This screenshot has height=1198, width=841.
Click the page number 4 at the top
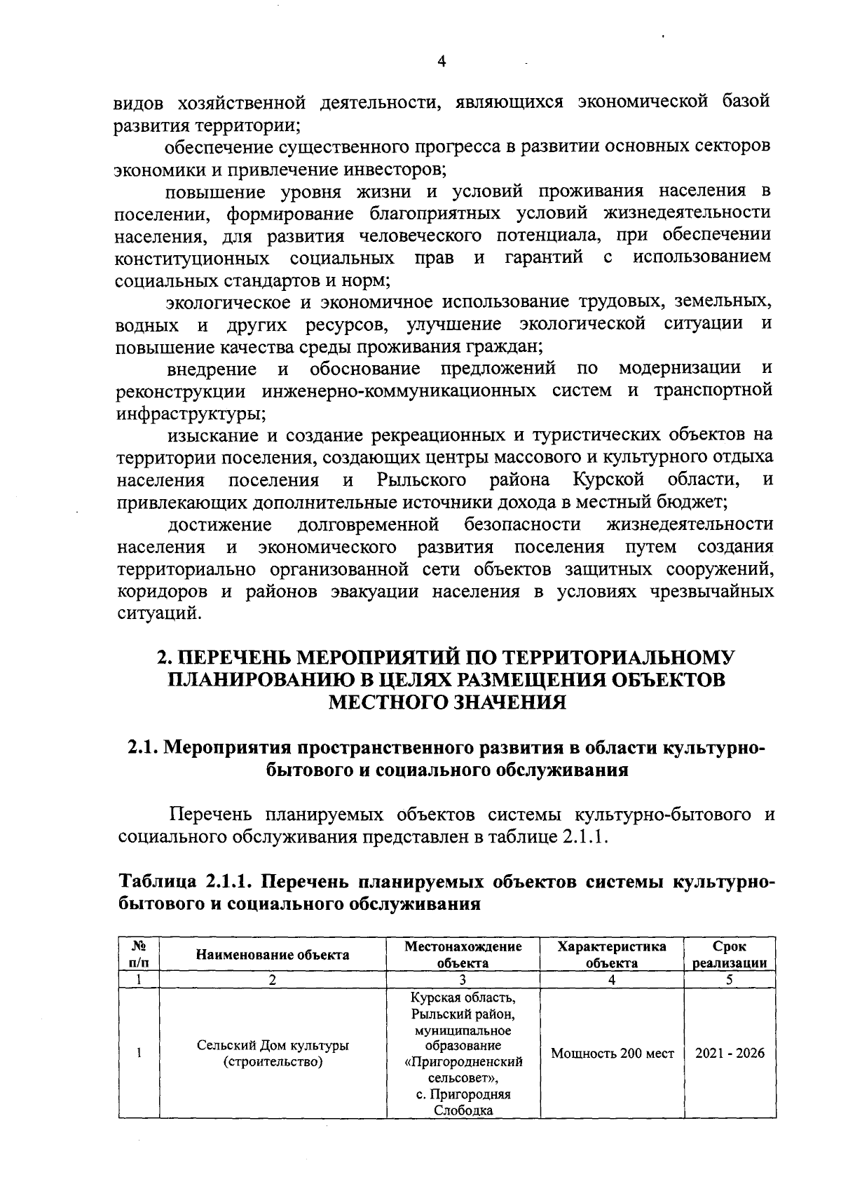pos(442,62)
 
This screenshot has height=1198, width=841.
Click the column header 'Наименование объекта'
pos(273,954)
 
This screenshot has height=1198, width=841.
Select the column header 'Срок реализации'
pos(730,954)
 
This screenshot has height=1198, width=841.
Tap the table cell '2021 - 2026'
pos(730,1054)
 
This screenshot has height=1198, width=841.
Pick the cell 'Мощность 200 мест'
pos(612,1054)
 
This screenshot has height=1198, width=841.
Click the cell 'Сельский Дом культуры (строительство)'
pos(273,1054)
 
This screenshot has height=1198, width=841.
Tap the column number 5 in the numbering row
pos(730,980)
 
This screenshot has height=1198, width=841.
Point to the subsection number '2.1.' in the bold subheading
pos(144,748)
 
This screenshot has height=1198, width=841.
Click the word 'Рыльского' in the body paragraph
pos(421,481)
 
